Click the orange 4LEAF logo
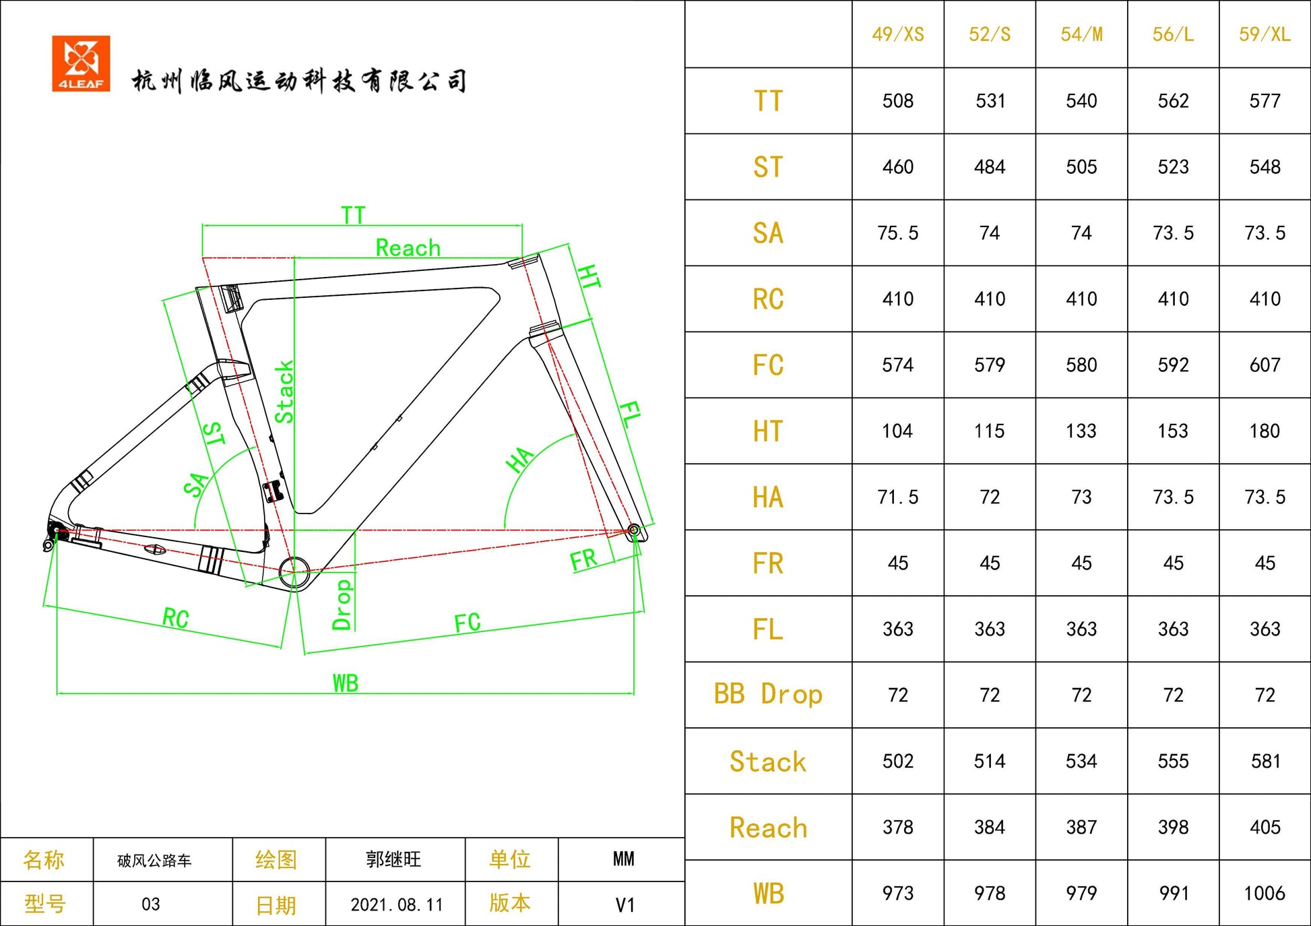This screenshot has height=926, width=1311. (81, 63)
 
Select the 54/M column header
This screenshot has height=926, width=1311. (1081, 34)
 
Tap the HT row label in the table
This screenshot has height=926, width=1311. (768, 431)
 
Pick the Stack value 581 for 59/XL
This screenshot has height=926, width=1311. (1265, 762)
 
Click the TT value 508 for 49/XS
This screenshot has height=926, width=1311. (897, 101)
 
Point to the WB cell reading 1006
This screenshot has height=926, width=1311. (1264, 894)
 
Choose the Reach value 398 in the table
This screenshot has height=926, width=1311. (1173, 828)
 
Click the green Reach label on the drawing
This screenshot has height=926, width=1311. (408, 248)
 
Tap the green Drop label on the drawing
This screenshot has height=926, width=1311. (342, 605)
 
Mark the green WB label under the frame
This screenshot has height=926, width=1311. (346, 683)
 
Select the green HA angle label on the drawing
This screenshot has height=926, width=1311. (519, 460)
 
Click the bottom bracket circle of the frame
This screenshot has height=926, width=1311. (294, 572)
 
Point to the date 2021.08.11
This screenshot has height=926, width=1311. (396, 904)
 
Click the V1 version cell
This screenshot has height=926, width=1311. (625, 904)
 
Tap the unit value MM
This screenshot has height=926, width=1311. (623, 859)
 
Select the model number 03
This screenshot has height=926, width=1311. (151, 904)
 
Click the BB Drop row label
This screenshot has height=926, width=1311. (768, 695)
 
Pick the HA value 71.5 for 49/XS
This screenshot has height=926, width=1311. (897, 497)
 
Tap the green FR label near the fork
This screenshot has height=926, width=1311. (583, 560)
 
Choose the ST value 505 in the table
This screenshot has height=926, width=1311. (1081, 167)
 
